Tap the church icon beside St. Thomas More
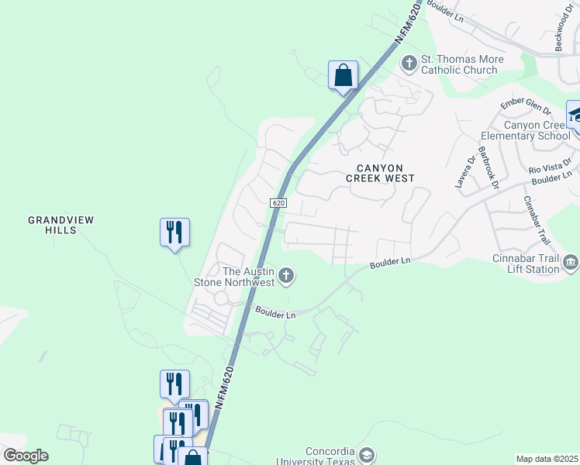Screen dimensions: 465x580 [x=408, y=61]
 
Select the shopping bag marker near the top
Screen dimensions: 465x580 [x=343, y=76]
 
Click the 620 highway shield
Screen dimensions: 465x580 [x=279, y=202]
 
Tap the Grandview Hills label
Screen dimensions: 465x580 [x=60, y=225]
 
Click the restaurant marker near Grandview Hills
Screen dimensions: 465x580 [x=174, y=232]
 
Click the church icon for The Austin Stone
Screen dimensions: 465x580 [x=286, y=274]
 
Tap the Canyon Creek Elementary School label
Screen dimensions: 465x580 [x=537, y=130]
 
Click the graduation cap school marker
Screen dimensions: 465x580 [x=575, y=115]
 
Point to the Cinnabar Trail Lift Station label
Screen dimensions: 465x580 [x=526, y=264]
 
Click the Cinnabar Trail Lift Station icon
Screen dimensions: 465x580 [x=571, y=263]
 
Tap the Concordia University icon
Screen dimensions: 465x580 [x=368, y=454]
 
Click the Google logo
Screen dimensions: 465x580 [x=25, y=456]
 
